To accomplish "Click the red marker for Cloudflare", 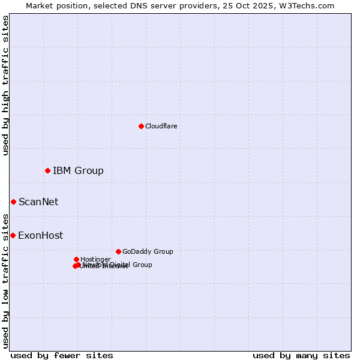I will pos(141,126).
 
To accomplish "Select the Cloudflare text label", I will pos(161,126).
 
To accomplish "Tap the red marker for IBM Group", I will pos(47,171).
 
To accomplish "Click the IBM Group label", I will pos(78,171).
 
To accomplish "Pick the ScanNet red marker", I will pos(13,202).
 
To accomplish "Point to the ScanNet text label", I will pos(38,202).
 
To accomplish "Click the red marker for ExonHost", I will pos(13,235).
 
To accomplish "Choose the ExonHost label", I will pos(40,236).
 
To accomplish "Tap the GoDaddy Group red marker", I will pos(118,251).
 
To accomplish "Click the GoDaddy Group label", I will pos(148,252).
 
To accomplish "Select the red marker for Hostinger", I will pos(76,259).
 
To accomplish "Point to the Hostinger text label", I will pos(95,259).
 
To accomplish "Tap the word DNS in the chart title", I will pos(134,5).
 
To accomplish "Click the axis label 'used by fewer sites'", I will pos(62,355).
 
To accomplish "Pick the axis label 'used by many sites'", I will pos(301,355).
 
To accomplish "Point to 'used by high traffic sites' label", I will pos(5,85).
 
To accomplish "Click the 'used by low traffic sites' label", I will pos(5,280).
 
